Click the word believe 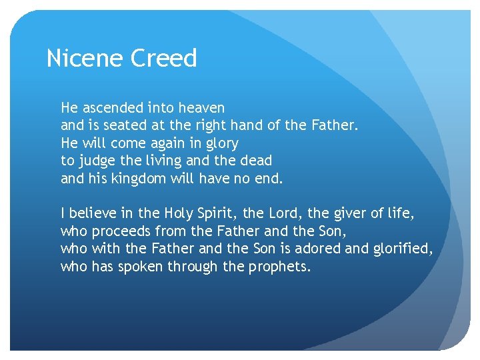95,214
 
